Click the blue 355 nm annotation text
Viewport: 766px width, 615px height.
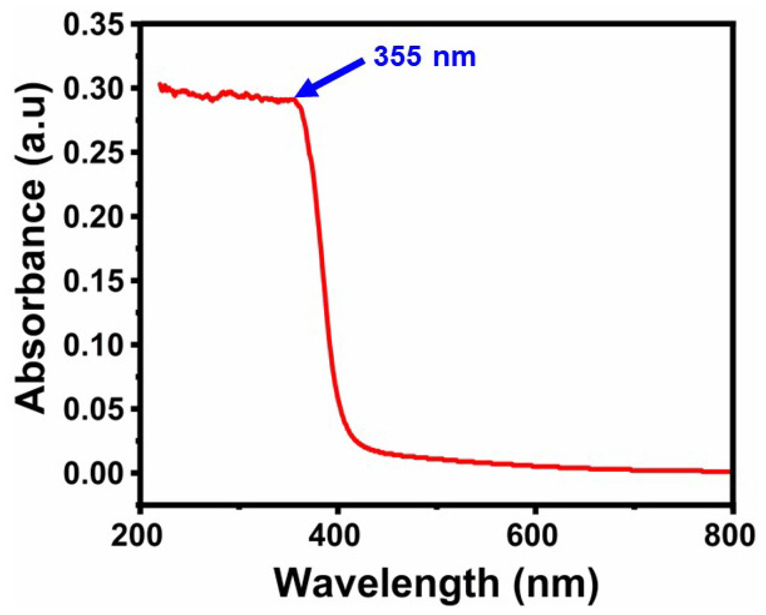click(425, 57)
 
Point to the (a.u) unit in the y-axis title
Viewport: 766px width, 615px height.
click(33, 123)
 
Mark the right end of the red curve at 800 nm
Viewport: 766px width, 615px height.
click(727, 471)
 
